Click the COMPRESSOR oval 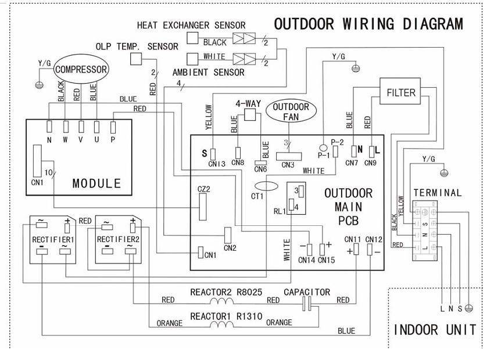coord(82,70)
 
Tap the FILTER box coord(401,92)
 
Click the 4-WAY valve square coord(251,115)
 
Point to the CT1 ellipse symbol coord(266,186)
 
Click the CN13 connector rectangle coord(213,153)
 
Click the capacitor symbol coord(307,302)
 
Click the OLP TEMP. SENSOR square coord(137,58)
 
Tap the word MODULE coord(96,183)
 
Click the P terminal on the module coord(113,126)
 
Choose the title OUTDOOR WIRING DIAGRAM coord(368,24)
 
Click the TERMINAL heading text coord(437,193)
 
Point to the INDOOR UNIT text coord(435,330)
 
